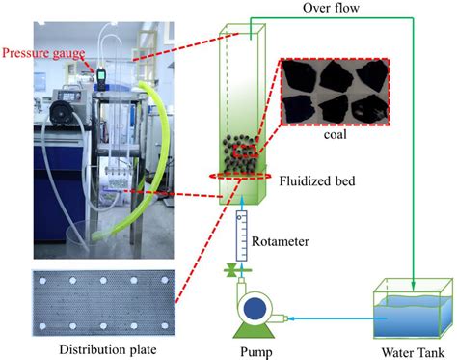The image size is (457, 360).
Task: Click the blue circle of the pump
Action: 255,309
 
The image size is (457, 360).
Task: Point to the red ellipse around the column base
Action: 238,180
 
